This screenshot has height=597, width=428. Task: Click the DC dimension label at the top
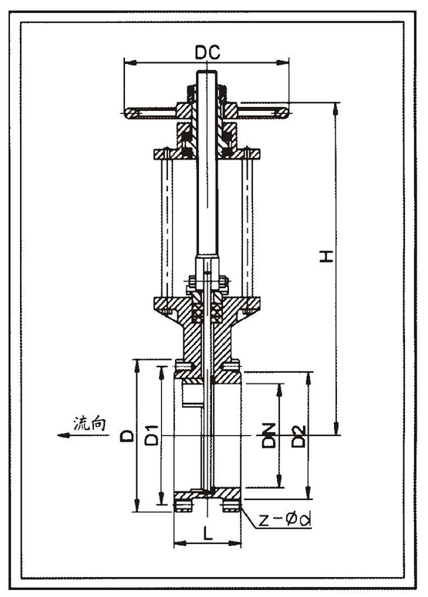click(x=207, y=52)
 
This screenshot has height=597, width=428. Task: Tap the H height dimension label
click(x=326, y=257)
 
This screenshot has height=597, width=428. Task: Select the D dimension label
click(x=127, y=435)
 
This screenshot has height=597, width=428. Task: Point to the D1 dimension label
click(x=152, y=434)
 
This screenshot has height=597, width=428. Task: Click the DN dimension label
click(x=268, y=434)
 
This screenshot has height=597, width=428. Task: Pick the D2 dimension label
click(x=298, y=436)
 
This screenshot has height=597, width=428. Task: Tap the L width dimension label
click(x=207, y=534)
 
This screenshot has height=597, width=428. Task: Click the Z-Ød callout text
click(x=285, y=520)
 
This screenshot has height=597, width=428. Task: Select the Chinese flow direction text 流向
click(x=89, y=424)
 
